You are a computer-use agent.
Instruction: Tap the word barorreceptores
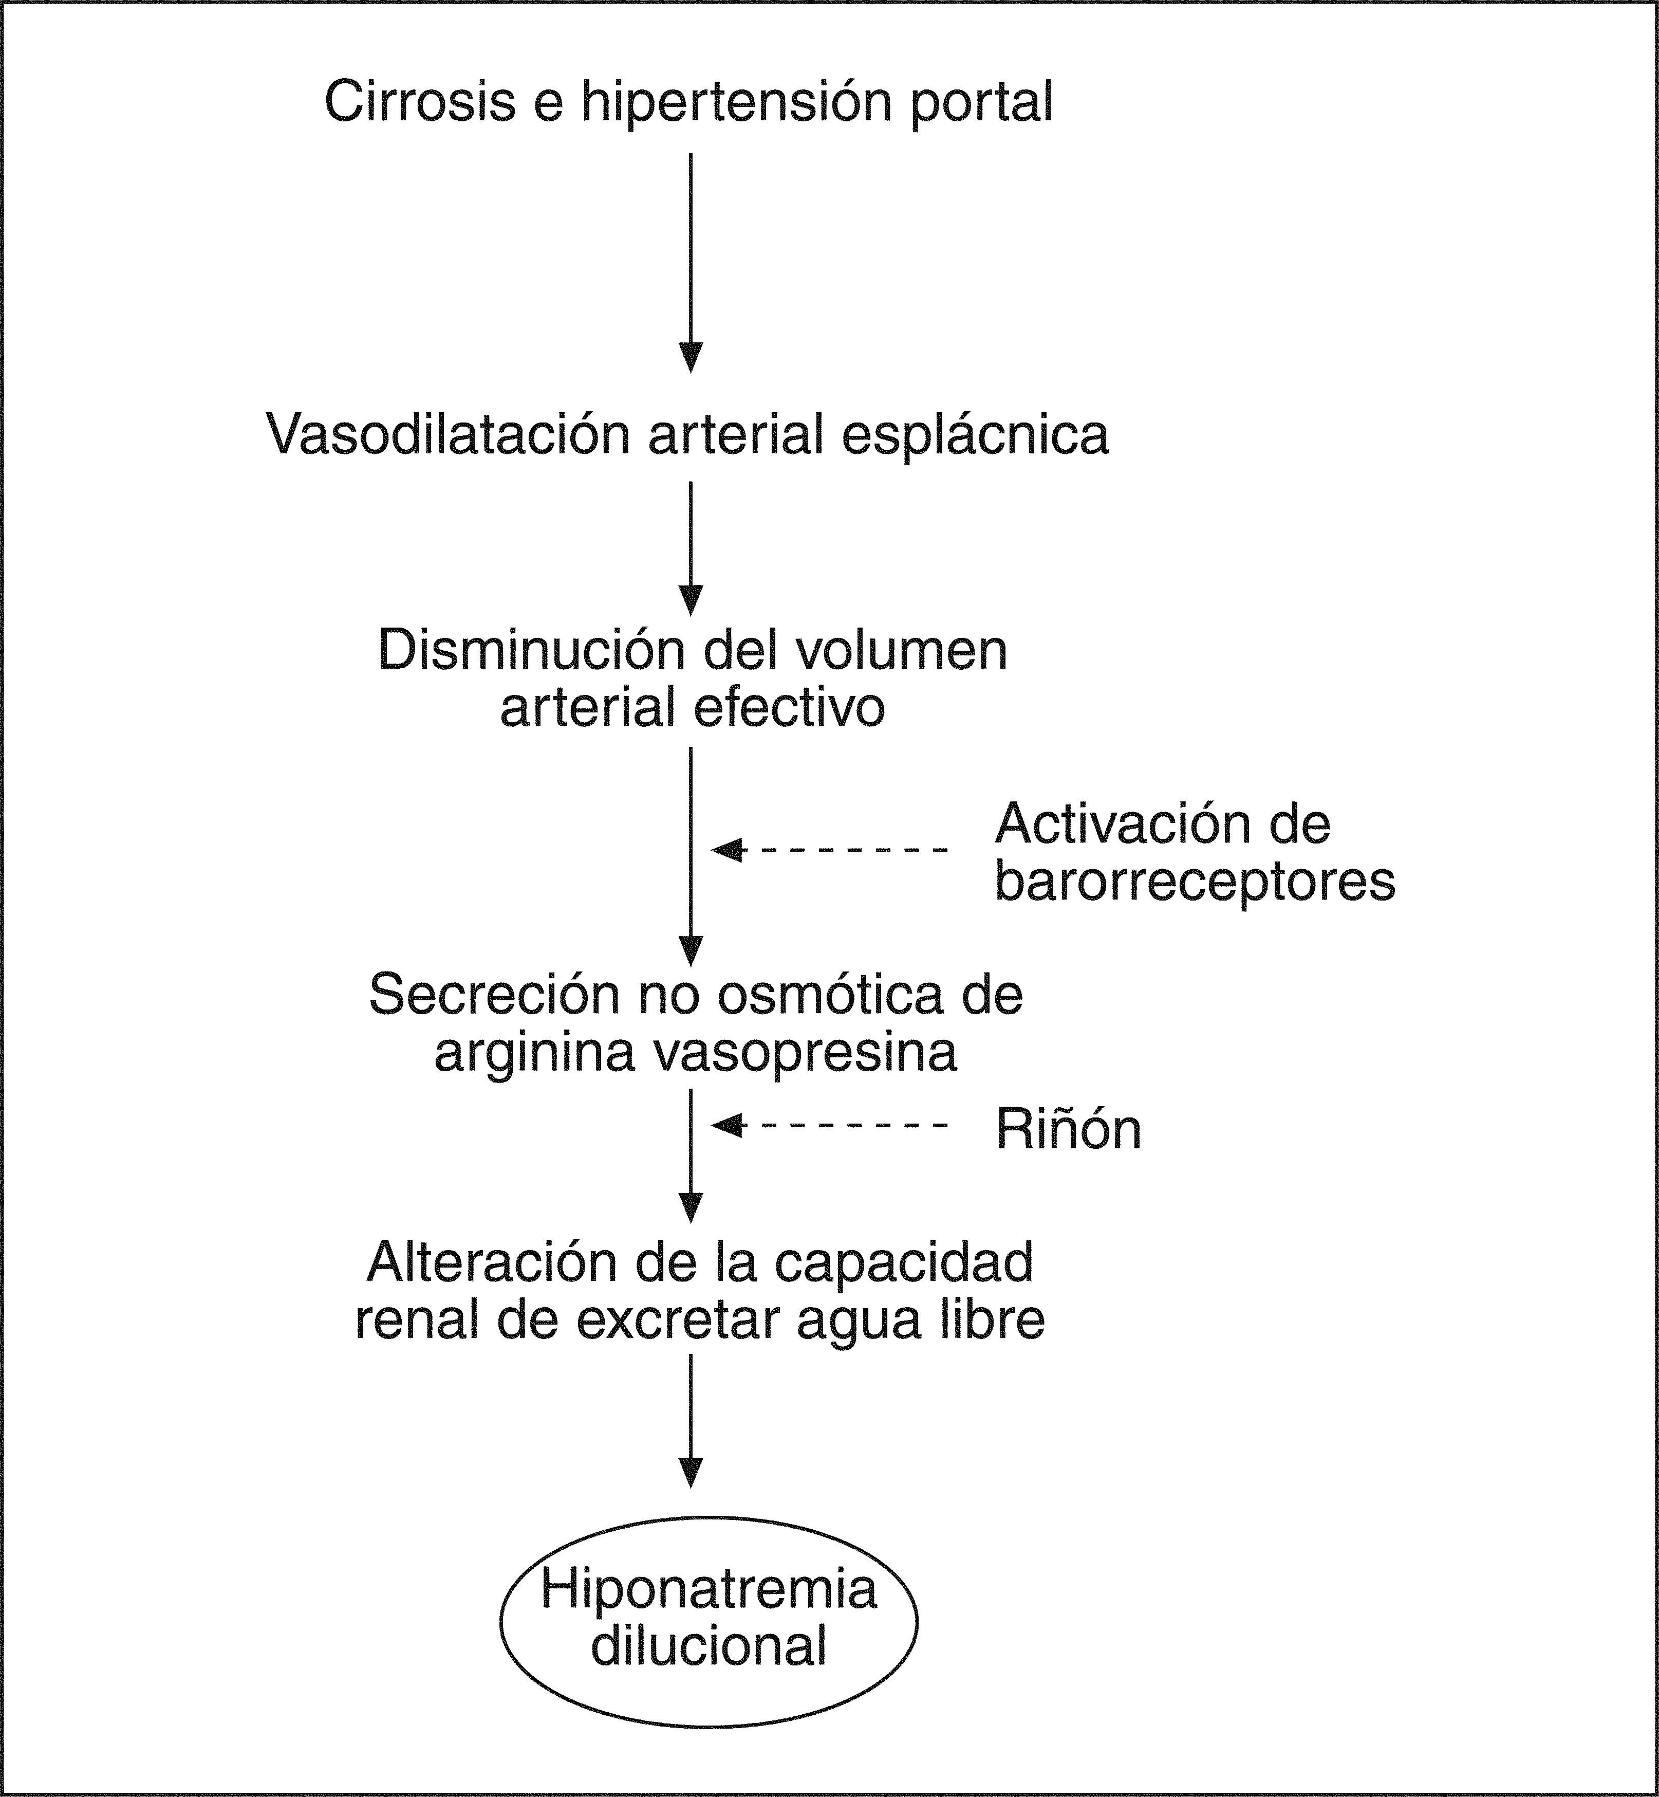[1194, 882]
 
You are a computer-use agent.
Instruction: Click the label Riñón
[1068, 1130]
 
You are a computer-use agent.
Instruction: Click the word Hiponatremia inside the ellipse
[709, 1589]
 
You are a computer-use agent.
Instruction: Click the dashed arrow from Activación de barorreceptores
[830, 850]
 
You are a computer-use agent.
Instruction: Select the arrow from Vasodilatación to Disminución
[691, 548]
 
